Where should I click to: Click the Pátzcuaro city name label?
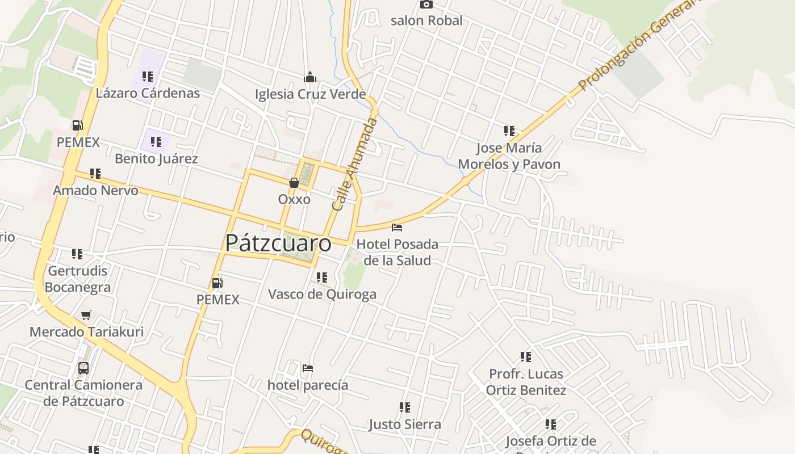[x=278, y=243]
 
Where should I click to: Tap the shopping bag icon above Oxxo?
[x=294, y=183]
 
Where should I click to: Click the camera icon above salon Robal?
[x=426, y=5]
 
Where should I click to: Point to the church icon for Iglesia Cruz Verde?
[x=310, y=77]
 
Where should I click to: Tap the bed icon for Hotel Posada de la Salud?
[x=397, y=228]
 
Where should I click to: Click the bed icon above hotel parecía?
[x=308, y=368]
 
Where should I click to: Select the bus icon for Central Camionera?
[x=83, y=368]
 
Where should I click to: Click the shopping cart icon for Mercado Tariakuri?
[x=86, y=315]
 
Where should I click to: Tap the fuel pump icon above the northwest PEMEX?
[x=78, y=125]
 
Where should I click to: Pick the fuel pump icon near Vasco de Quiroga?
[x=217, y=283]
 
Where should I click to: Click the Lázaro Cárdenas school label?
[x=148, y=93]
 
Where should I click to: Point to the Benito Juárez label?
[x=156, y=158]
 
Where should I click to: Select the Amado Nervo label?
[x=95, y=190]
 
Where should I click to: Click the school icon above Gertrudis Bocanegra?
[x=77, y=254]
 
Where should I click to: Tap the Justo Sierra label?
[x=404, y=424]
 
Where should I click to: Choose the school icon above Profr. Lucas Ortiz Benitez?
[x=526, y=357]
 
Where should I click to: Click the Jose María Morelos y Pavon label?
[x=509, y=156]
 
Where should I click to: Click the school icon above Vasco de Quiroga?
[x=322, y=278]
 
